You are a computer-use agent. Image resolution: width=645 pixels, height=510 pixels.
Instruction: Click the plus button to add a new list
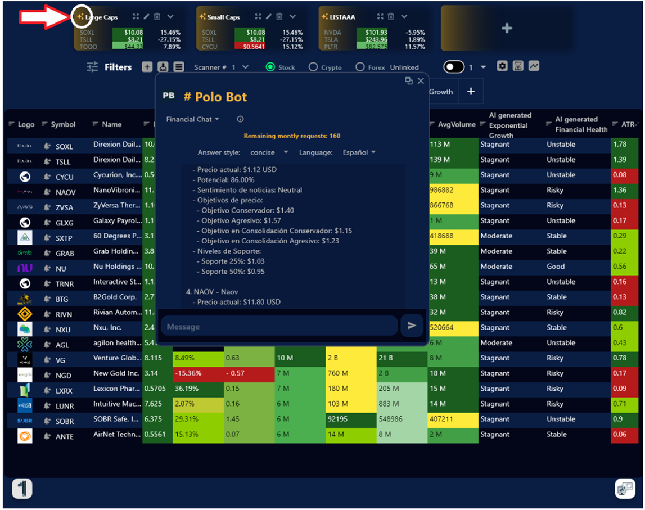(507, 28)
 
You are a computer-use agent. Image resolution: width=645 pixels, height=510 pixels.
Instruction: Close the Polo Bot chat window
(421, 81)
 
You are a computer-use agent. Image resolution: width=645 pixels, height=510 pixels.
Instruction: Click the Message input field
(279, 326)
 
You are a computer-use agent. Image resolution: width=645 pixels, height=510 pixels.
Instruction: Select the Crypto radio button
(313, 67)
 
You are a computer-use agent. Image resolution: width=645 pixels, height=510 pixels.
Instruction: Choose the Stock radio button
(270, 67)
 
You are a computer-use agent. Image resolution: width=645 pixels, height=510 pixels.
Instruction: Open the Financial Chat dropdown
(192, 119)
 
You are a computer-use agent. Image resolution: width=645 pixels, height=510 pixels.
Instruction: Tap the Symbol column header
(63, 125)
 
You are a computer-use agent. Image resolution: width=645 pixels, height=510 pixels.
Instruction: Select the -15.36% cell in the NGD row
(197, 373)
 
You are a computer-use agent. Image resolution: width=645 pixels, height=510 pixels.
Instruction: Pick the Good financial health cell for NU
(556, 267)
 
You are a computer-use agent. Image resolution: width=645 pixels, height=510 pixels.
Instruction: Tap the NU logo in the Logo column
(25, 268)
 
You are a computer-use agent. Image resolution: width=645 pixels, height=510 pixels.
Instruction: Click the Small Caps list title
(223, 17)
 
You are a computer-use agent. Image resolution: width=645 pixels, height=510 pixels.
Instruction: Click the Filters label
(118, 67)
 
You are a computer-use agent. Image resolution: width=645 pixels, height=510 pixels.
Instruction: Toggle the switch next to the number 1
(453, 67)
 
